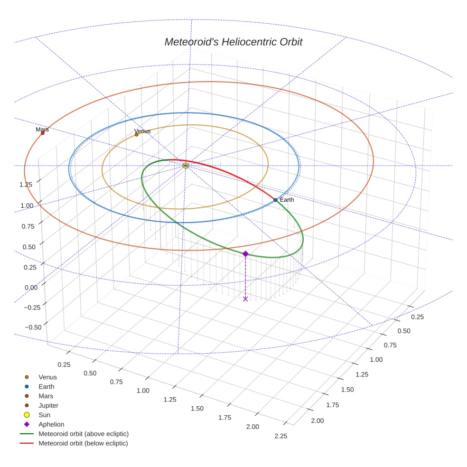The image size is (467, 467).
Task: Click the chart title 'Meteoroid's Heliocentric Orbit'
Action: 233,42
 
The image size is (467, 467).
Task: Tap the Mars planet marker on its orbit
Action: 43,133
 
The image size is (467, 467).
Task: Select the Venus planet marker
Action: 137,135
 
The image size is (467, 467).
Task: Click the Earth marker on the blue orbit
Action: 275,200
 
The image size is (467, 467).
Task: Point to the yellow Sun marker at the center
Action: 186,166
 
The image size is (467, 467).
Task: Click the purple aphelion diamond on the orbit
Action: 245,254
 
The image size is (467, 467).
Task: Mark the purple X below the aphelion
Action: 245,299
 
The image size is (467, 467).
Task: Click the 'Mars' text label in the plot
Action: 42,129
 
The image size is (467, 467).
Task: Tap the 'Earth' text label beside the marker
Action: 287,200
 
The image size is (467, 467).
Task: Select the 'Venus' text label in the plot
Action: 142,131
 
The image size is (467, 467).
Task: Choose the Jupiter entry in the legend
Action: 48,405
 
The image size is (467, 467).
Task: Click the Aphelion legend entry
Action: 51,424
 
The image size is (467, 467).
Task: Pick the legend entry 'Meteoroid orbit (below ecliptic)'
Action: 83,443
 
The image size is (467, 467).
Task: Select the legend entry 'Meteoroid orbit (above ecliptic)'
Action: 83,434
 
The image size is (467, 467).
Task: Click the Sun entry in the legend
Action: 45,415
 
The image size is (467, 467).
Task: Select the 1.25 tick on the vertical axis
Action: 26,185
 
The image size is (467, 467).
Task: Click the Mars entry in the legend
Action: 46,396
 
